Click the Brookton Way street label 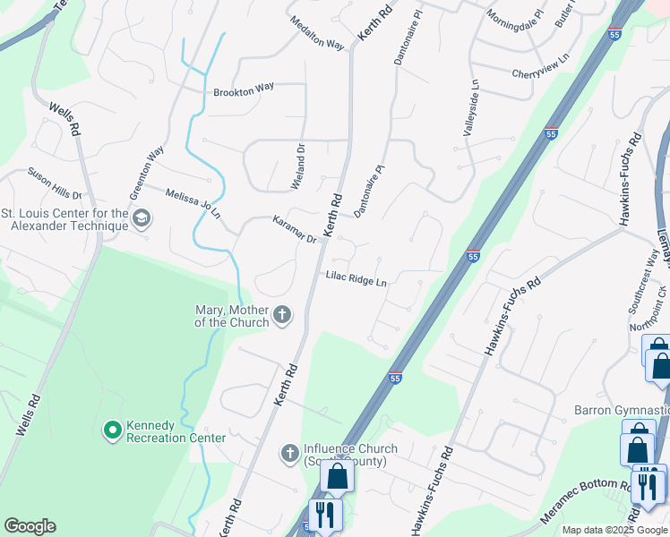coord(244,90)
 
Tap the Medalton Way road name coord(316,33)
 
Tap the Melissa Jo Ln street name coord(192,200)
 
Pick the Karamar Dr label coord(295,231)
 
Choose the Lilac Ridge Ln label coord(356,280)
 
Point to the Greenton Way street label coord(146,174)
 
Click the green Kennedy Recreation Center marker coord(112,431)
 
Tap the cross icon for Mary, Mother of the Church coord(282,314)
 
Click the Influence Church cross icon coord(289,454)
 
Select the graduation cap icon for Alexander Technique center coord(142,218)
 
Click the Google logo coord(30,526)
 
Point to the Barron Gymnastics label coord(622,410)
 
